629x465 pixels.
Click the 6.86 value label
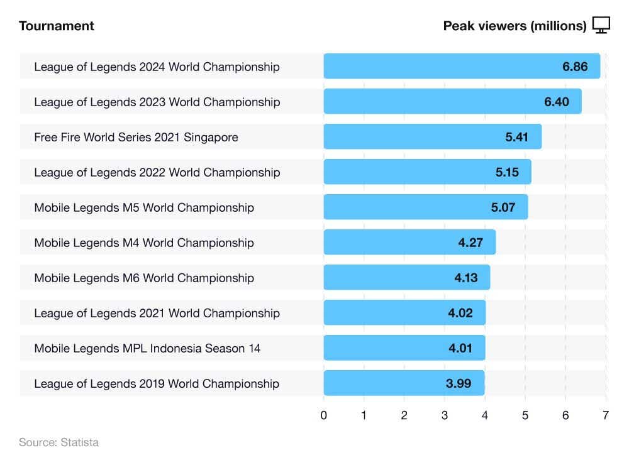575,67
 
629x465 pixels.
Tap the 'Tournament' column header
57,26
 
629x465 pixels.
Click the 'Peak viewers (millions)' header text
515,26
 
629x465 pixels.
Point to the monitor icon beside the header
601,25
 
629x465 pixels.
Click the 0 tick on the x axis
323,415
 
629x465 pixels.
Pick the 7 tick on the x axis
606,415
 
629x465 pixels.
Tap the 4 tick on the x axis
485,415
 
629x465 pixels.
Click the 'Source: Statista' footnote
58,442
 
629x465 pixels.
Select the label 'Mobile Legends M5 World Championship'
144,207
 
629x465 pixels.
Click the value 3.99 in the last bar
459,383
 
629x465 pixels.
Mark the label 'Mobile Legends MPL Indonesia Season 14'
147,348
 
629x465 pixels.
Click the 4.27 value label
470,243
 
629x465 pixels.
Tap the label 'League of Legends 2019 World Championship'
157,383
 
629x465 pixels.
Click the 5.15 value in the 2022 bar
507,172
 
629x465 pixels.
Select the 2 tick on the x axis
404,415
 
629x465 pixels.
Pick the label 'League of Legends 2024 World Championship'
157,67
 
